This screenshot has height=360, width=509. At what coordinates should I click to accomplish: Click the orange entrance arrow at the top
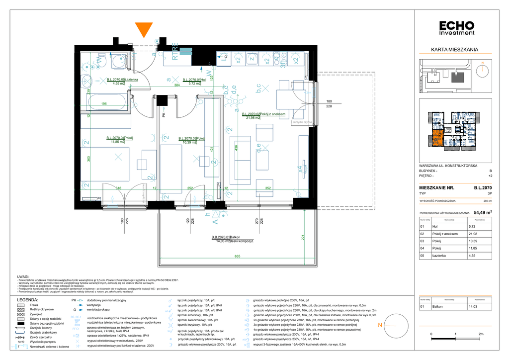click(x=144, y=30)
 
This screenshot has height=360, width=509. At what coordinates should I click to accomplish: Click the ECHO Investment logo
click(x=457, y=28)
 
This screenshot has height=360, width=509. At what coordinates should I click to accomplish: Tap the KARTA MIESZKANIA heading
click(x=454, y=50)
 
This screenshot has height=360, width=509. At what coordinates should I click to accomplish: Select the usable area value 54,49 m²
click(x=482, y=212)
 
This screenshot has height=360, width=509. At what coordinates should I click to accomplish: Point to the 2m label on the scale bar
click(x=481, y=334)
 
